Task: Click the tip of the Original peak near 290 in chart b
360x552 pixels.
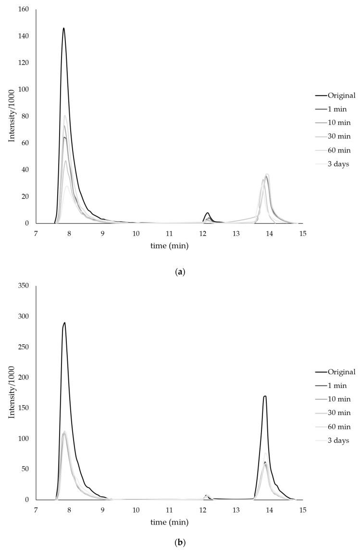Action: pyautogui.click(x=64, y=323)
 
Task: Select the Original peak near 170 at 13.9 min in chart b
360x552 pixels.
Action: pyautogui.click(x=265, y=396)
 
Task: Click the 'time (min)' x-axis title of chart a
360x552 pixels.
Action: pyautogui.click(x=169, y=246)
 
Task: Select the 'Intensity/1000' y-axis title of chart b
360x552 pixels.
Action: pyautogui.click(x=12, y=392)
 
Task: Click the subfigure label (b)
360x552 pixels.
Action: pyautogui.click(x=180, y=543)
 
